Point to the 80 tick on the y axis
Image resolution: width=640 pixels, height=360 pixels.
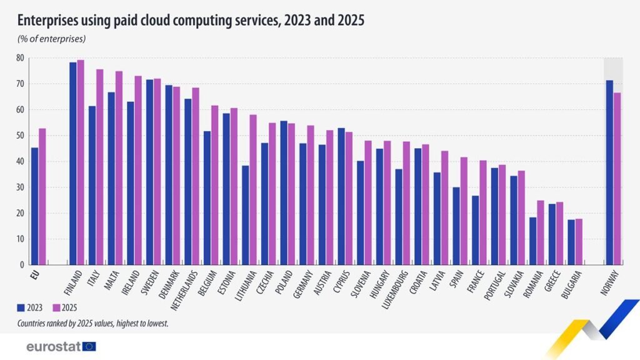[x=20, y=58]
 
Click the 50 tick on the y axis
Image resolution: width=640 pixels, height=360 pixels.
[x=20, y=136]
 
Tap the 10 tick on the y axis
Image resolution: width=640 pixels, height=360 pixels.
[x=20, y=239]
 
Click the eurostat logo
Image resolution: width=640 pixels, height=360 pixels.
[x=61, y=346]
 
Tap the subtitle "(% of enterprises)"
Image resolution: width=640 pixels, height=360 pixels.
[x=51, y=39]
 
